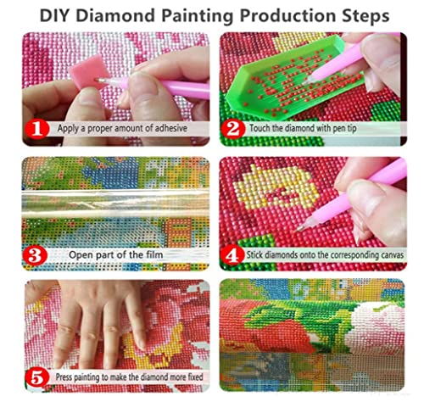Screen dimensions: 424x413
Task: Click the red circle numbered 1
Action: (37, 129)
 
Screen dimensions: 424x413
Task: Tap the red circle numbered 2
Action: (233, 129)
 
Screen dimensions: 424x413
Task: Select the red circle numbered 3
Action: (35, 255)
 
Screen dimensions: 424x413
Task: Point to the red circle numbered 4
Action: (232, 255)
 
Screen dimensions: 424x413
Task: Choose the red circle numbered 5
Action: (37, 378)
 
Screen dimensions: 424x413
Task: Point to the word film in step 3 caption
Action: (154, 254)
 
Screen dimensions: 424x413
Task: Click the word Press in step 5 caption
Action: (64, 377)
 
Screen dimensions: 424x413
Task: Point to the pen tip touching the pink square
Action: (100, 81)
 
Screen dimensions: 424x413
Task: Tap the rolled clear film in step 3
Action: (116, 204)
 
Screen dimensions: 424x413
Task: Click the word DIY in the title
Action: (54, 16)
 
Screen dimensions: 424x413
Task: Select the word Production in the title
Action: (287, 16)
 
